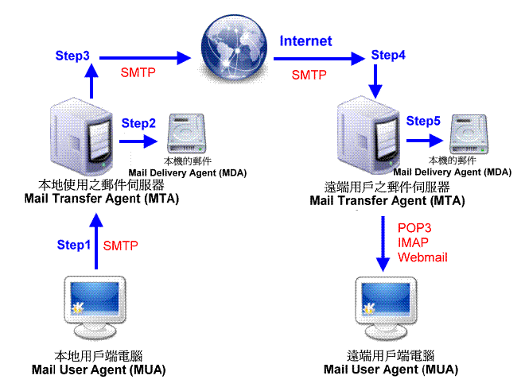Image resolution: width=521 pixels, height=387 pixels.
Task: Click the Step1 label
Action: point(74,245)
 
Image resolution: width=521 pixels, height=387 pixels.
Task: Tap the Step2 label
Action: point(138,123)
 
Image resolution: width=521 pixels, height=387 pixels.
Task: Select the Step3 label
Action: point(72,56)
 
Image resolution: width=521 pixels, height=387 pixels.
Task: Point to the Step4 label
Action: point(388,56)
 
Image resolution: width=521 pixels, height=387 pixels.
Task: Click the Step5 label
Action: point(423,121)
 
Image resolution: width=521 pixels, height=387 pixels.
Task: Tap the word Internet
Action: point(305,41)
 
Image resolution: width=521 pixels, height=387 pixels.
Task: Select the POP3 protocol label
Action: point(414,228)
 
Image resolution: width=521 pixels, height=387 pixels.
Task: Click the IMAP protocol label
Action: point(414,242)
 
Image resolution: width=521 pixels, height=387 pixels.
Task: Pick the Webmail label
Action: point(423,257)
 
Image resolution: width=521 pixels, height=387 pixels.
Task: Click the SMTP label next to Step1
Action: point(121,245)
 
